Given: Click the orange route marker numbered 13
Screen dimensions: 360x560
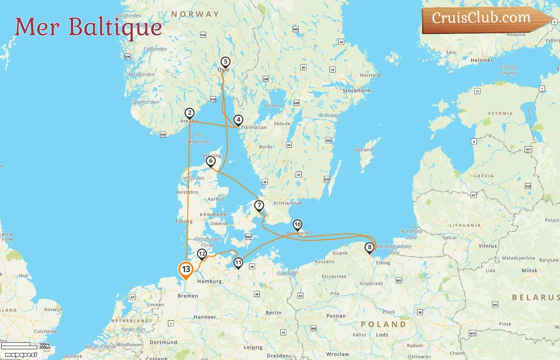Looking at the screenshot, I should [x=186, y=269].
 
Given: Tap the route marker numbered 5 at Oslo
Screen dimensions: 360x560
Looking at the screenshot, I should [x=226, y=62].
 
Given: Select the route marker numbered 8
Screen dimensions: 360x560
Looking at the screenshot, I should [x=370, y=247].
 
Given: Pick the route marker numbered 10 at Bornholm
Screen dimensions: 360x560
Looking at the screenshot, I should [x=297, y=225].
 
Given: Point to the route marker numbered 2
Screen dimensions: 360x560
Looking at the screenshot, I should [x=190, y=113].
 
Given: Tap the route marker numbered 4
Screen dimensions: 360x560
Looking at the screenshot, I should [x=238, y=120].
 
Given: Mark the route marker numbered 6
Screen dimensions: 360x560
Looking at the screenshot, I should [x=211, y=161].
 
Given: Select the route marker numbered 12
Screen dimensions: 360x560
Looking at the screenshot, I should [x=202, y=254].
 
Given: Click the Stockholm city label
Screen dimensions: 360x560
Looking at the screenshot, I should [x=356, y=91].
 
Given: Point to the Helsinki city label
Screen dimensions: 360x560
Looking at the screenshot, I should [x=481, y=60].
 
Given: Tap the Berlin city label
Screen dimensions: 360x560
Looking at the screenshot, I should [x=274, y=313].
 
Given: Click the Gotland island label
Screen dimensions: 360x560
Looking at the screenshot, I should [x=363, y=150].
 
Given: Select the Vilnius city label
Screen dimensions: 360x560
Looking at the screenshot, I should [x=488, y=246].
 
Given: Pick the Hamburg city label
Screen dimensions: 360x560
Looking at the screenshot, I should [x=209, y=282].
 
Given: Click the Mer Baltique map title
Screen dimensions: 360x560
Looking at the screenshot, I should [x=88, y=27].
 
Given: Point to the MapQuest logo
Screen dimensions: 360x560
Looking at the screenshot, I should [x=21, y=355].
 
